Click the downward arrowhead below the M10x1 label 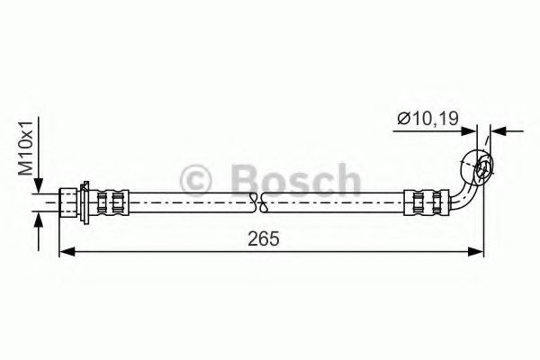pos(38,186)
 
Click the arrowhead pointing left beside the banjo pos(498,132)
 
